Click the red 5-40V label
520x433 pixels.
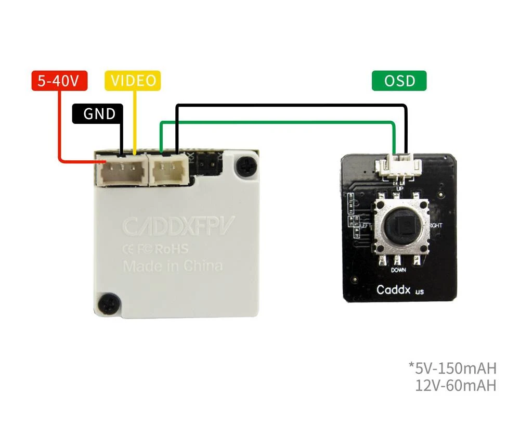click(x=59, y=81)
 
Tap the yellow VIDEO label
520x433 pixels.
click(x=133, y=81)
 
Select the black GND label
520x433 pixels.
click(x=98, y=113)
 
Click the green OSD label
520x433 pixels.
click(x=399, y=81)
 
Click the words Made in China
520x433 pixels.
click(x=173, y=266)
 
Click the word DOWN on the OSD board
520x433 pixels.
click(x=399, y=271)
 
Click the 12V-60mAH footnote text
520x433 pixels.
click(x=456, y=386)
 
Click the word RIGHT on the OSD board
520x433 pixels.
click(x=436, y=225)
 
